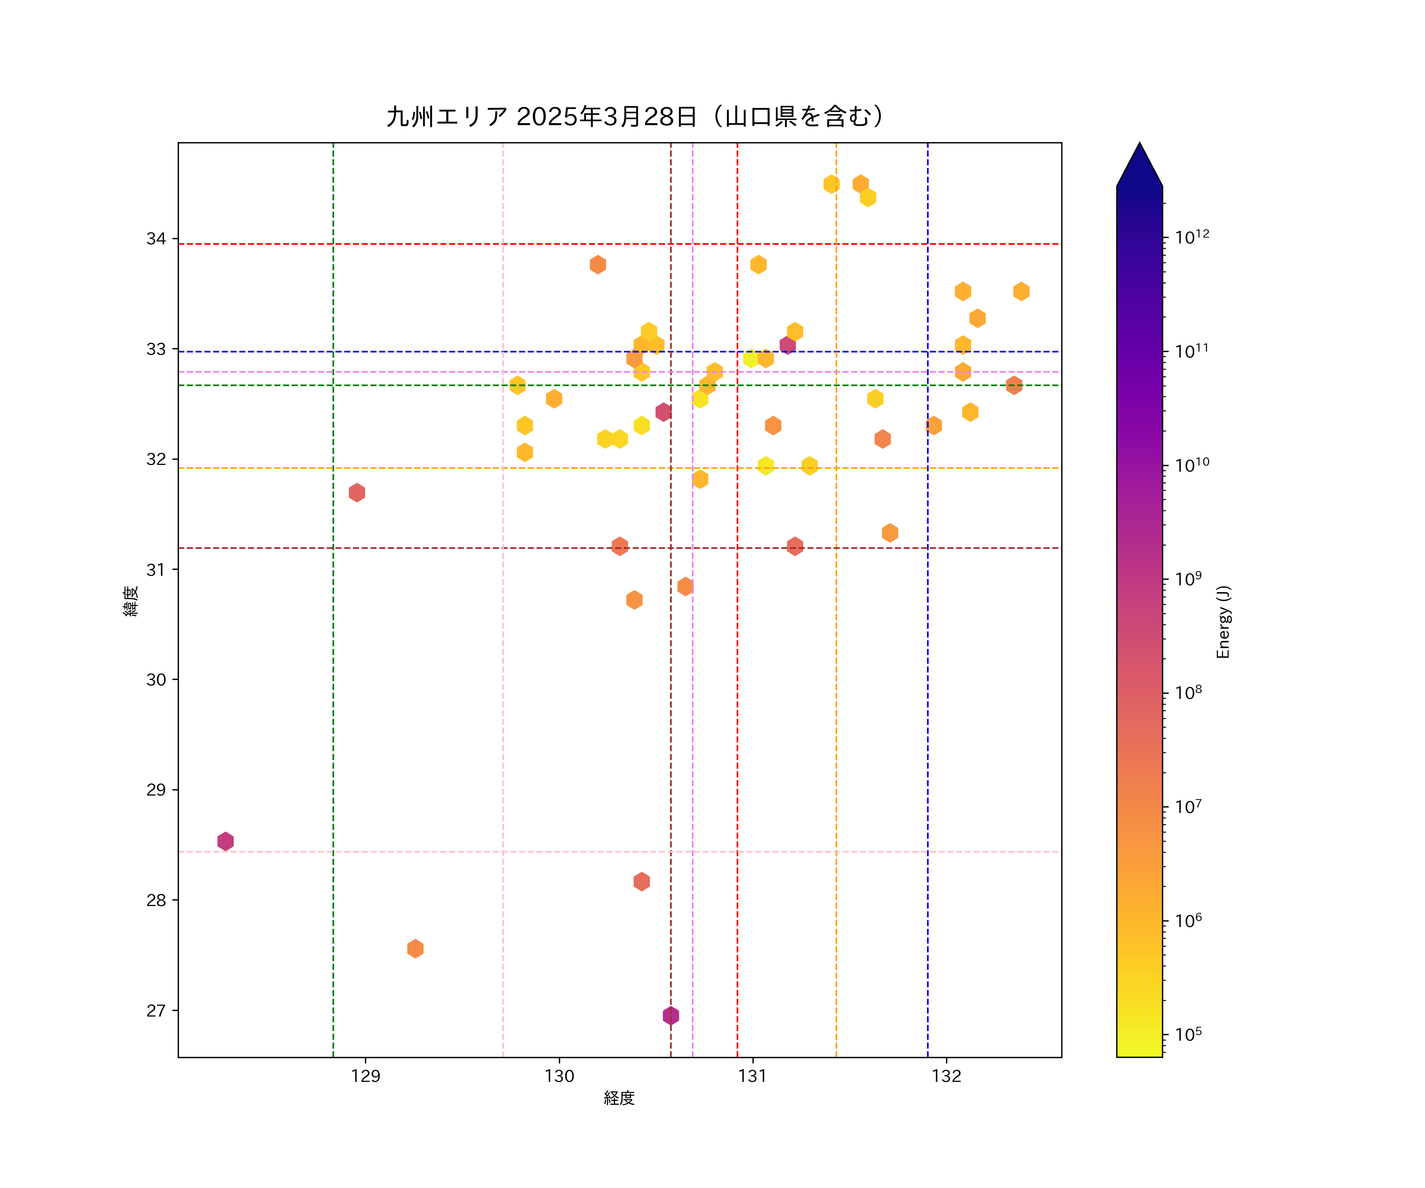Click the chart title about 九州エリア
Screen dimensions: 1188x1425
coord(635,117)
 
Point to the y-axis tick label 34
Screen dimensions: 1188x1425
coord(156,239)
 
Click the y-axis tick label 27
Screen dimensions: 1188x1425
coord(156,1011)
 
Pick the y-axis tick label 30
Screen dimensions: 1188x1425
coord(156,680)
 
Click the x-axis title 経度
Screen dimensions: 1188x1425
coord(619,1098)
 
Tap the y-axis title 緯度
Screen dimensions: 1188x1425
coord(131,601)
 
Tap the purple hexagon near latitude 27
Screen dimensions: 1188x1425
coord(671,1016)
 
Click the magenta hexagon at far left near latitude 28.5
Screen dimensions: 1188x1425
coord(225,841)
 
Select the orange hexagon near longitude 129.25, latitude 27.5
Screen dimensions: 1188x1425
coord(415,948)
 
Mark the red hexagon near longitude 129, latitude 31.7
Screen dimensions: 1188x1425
coord(357,492)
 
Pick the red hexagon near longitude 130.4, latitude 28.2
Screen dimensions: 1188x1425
coord(641,881)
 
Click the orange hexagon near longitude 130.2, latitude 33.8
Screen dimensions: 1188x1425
coord(598,264)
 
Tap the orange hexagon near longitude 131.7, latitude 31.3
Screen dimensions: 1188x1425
coord(889,533)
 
